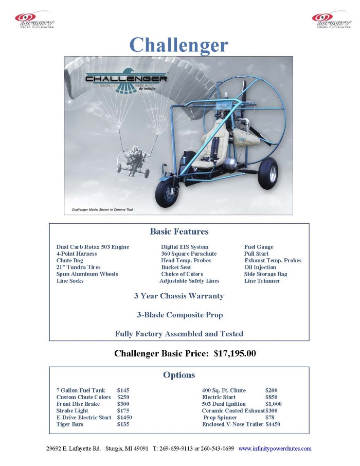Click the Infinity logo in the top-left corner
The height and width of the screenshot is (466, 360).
34,20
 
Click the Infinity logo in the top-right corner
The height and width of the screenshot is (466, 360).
331,20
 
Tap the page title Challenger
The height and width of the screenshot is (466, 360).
178,45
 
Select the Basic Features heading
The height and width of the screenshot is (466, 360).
179,231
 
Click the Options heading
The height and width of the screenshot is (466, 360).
179,375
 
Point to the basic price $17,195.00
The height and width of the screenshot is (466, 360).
235,353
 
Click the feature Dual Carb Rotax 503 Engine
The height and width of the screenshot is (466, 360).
93,247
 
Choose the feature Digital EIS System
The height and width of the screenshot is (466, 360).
185,247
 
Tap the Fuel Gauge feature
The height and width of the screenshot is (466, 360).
259,247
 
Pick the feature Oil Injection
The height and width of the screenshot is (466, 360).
260,267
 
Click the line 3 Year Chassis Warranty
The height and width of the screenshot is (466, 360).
179,296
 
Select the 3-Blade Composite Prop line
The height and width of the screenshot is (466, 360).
179,315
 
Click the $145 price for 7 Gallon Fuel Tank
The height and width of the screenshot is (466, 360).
123,390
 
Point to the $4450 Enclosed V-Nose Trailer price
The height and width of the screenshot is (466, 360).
273,424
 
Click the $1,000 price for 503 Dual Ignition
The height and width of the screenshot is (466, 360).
273,404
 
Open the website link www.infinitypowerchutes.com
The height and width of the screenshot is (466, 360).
275,449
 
